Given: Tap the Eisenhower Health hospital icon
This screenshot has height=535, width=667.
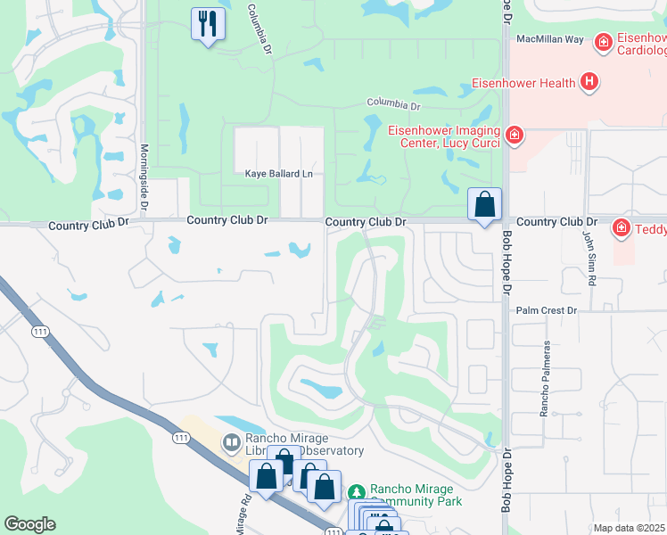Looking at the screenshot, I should pyautogui.click(x=588, y=84).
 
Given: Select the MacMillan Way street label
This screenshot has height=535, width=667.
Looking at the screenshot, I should pyautogui.click(x=550, y=39).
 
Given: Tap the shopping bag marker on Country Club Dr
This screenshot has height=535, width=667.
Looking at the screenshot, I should pyautogui.click(x=484, y=204).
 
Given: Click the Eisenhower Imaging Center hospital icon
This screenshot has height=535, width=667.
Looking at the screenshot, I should pyautogui.click(x=514, y=136).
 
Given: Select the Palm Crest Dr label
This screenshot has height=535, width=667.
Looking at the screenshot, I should pyautogui.click(x=547, y=310).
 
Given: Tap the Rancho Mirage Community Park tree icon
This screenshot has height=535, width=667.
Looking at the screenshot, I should pyautogui.click(x=357, y=491).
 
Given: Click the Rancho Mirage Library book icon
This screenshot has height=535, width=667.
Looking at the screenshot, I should pyautogui.click(x=231, y=441).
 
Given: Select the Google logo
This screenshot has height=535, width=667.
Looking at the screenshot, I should pyautogui.click(x=29, y=524).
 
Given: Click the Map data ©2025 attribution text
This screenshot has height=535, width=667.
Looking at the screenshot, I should pyautogui.click(x=630, y=528).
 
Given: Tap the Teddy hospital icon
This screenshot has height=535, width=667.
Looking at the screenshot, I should pyautogui.click(x=622, y=229).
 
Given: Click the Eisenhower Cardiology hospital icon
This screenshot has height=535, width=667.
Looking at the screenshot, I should pyautogui.click(x=604, y=42).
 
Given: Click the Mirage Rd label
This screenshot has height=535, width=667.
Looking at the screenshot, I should pyautogui.click(x=239, y=515).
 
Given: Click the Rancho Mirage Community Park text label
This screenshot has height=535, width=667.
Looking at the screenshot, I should pyautogui.click(x=412, y=496).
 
